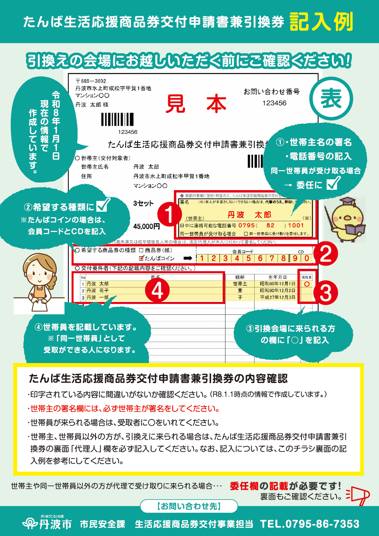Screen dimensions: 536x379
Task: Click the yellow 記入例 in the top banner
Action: [321, 22]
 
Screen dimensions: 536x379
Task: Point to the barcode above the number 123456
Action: [118, 120]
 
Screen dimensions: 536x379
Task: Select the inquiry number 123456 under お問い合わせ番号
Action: [274, 103]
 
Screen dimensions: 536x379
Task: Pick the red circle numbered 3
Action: [326, 294]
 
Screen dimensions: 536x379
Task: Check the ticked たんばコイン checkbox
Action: [141, 258]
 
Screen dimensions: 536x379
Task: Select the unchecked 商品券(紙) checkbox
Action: [141, 250]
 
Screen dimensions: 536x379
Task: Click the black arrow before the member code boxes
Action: [188, 258]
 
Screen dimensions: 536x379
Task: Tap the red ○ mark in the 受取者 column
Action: [307, 284]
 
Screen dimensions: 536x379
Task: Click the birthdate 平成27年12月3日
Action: [277, 298]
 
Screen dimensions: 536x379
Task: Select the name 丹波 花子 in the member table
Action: [98, 291]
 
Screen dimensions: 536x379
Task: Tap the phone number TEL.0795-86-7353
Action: [309, 524]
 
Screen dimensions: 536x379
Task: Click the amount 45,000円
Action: [146, 226]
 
